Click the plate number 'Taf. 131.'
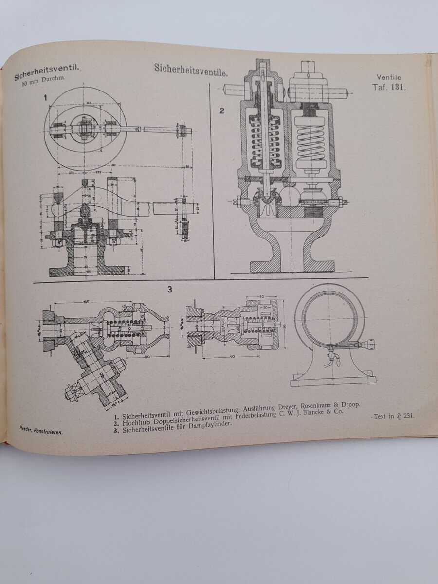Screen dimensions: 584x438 [388, 88]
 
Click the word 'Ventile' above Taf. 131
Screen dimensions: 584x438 [389, 77]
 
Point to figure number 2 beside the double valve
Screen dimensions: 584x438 [221, 110]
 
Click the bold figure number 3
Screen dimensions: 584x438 [170, 290]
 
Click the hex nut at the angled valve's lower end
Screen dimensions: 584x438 [72, 391]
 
